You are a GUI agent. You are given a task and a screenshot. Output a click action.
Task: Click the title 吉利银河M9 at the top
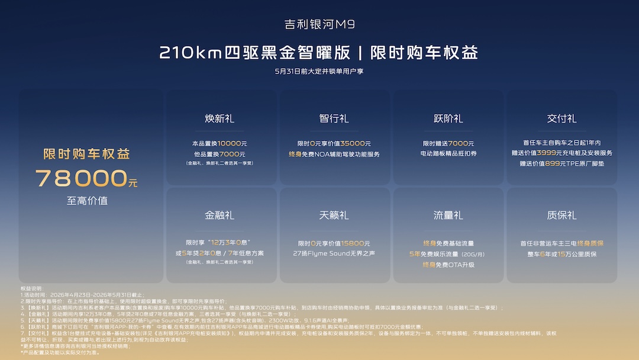[x=319, y=24]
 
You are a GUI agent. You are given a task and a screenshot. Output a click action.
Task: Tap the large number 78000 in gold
[x=82, y=178]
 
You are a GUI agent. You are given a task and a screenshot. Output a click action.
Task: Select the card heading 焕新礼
[x=219, y=118]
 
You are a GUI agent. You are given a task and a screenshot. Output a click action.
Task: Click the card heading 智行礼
[x=334, y=118]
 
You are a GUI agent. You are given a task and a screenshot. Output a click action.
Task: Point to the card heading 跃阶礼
[x=448, y=118]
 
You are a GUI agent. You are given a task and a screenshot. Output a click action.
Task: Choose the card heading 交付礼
[x=561, y=118]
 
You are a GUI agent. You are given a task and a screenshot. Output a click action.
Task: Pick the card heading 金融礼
[x=219, y=216]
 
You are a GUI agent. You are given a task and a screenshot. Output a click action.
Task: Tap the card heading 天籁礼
[x=334, y=216]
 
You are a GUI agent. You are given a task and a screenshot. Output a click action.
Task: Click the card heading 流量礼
[x=448, y=216]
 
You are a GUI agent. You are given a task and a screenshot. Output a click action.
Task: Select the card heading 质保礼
[x=561, y=216]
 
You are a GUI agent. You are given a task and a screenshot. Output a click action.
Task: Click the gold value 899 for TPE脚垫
[x=552, y=163]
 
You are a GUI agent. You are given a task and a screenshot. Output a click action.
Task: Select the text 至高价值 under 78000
[x=87, y=201]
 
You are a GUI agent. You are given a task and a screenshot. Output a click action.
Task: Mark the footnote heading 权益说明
[x=33, y=288]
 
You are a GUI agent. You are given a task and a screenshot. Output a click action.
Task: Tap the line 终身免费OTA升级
[x=448, y=265]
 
